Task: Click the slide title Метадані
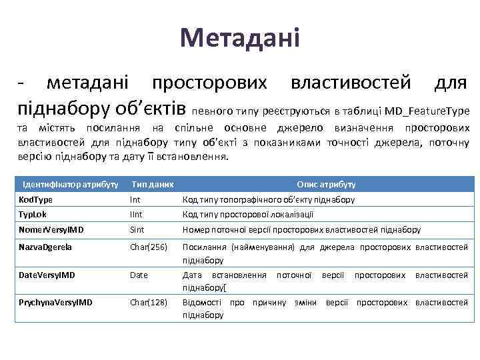coord(240,38)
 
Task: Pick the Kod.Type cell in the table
coord(35,199)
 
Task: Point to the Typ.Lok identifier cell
coord(33,215)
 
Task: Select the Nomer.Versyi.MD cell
coord(51,230)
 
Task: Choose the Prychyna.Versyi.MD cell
coord(55,302)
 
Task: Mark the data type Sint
coord(137,230)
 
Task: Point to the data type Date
coord(139,275)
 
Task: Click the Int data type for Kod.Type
coord(135,199)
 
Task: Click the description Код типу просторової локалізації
coord(247,215)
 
